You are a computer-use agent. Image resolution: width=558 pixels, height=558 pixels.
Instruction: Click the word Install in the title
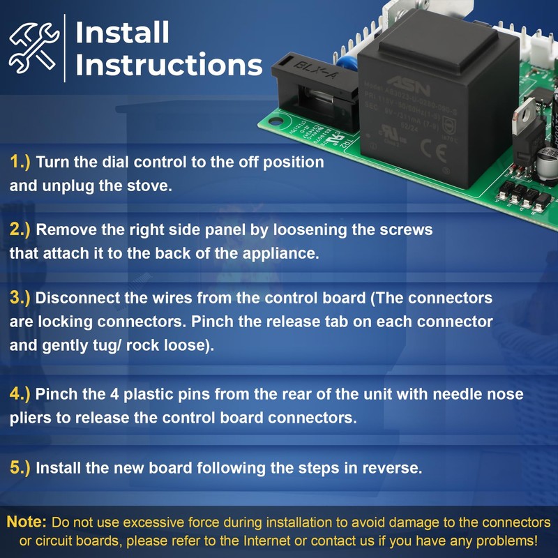coord(122,32)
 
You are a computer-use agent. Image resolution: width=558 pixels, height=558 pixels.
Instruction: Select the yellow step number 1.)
coord(20,163)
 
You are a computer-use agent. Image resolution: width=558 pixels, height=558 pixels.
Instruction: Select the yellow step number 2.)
coord(20,229)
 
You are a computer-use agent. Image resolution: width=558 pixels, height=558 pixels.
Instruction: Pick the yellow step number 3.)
coord(20,298)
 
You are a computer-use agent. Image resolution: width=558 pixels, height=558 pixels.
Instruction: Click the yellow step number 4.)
coord(20,394)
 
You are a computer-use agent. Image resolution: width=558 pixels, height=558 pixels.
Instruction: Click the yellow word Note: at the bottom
coord(27,522)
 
